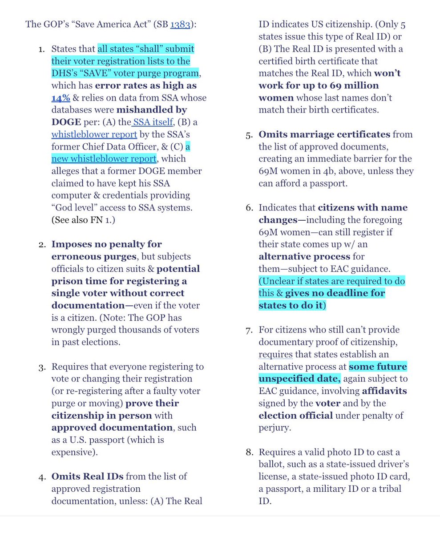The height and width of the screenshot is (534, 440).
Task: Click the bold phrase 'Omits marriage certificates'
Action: pyautogui.click(x=324, y=134)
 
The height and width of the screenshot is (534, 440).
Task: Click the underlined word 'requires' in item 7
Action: pyautogui.click(x=275, y=354)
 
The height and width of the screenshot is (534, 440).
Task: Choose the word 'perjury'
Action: pyautogui.click(x=274, y=428)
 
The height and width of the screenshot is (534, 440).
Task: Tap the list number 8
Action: pyautogui.click(x=249, y=453)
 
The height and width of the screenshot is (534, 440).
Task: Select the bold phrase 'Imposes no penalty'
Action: pyautogui.click(x=106, y=244)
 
